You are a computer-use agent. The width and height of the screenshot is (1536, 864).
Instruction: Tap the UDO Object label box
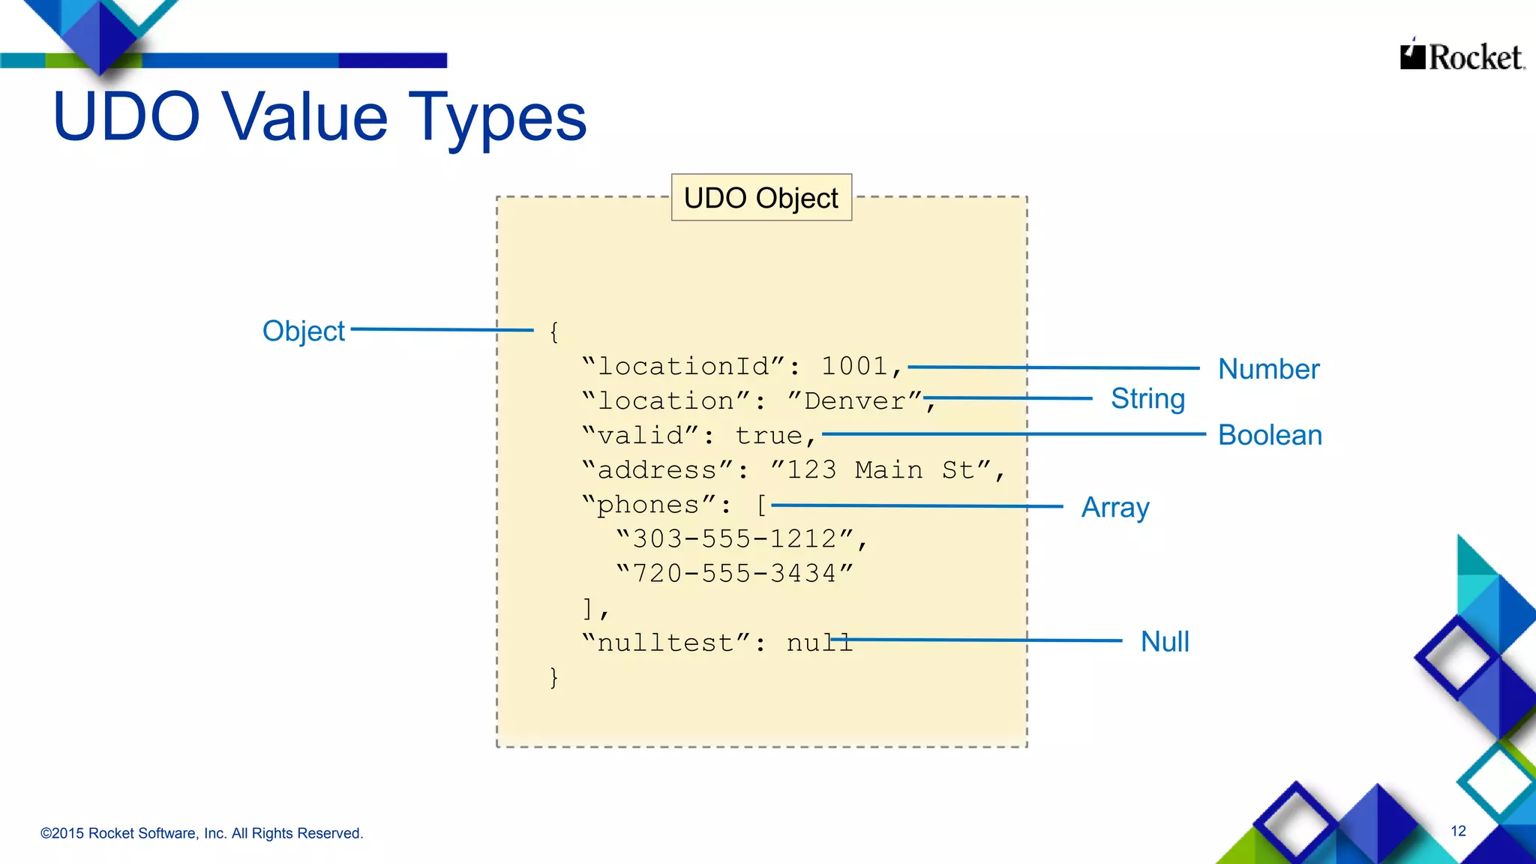pos(760,198)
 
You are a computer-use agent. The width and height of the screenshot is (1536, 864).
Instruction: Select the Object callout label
pos(303,331)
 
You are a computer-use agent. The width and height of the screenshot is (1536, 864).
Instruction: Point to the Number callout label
pos(1268,369)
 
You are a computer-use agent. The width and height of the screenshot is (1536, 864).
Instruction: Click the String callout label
pos(1147,398)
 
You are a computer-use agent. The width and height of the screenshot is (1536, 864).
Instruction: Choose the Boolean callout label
pos(1269,435)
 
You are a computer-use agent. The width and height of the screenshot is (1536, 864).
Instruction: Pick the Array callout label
pos(1114,508)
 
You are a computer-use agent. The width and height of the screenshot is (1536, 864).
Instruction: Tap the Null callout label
pos(1164,642)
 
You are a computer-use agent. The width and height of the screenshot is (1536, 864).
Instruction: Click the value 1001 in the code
pos(854,366)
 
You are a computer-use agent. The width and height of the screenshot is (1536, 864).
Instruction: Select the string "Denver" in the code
pos(855,400)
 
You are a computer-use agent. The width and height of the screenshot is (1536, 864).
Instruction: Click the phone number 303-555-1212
pos(734,538)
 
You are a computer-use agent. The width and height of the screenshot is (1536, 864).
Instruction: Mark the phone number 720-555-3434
pos(734,574)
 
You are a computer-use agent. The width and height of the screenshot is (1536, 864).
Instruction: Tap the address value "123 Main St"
pos(881,470)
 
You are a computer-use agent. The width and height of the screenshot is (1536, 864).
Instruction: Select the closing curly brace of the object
pos(553,677)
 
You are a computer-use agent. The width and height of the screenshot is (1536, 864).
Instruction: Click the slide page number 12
pos(1458,831)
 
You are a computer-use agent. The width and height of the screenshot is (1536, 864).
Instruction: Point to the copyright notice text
pos(202,833)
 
